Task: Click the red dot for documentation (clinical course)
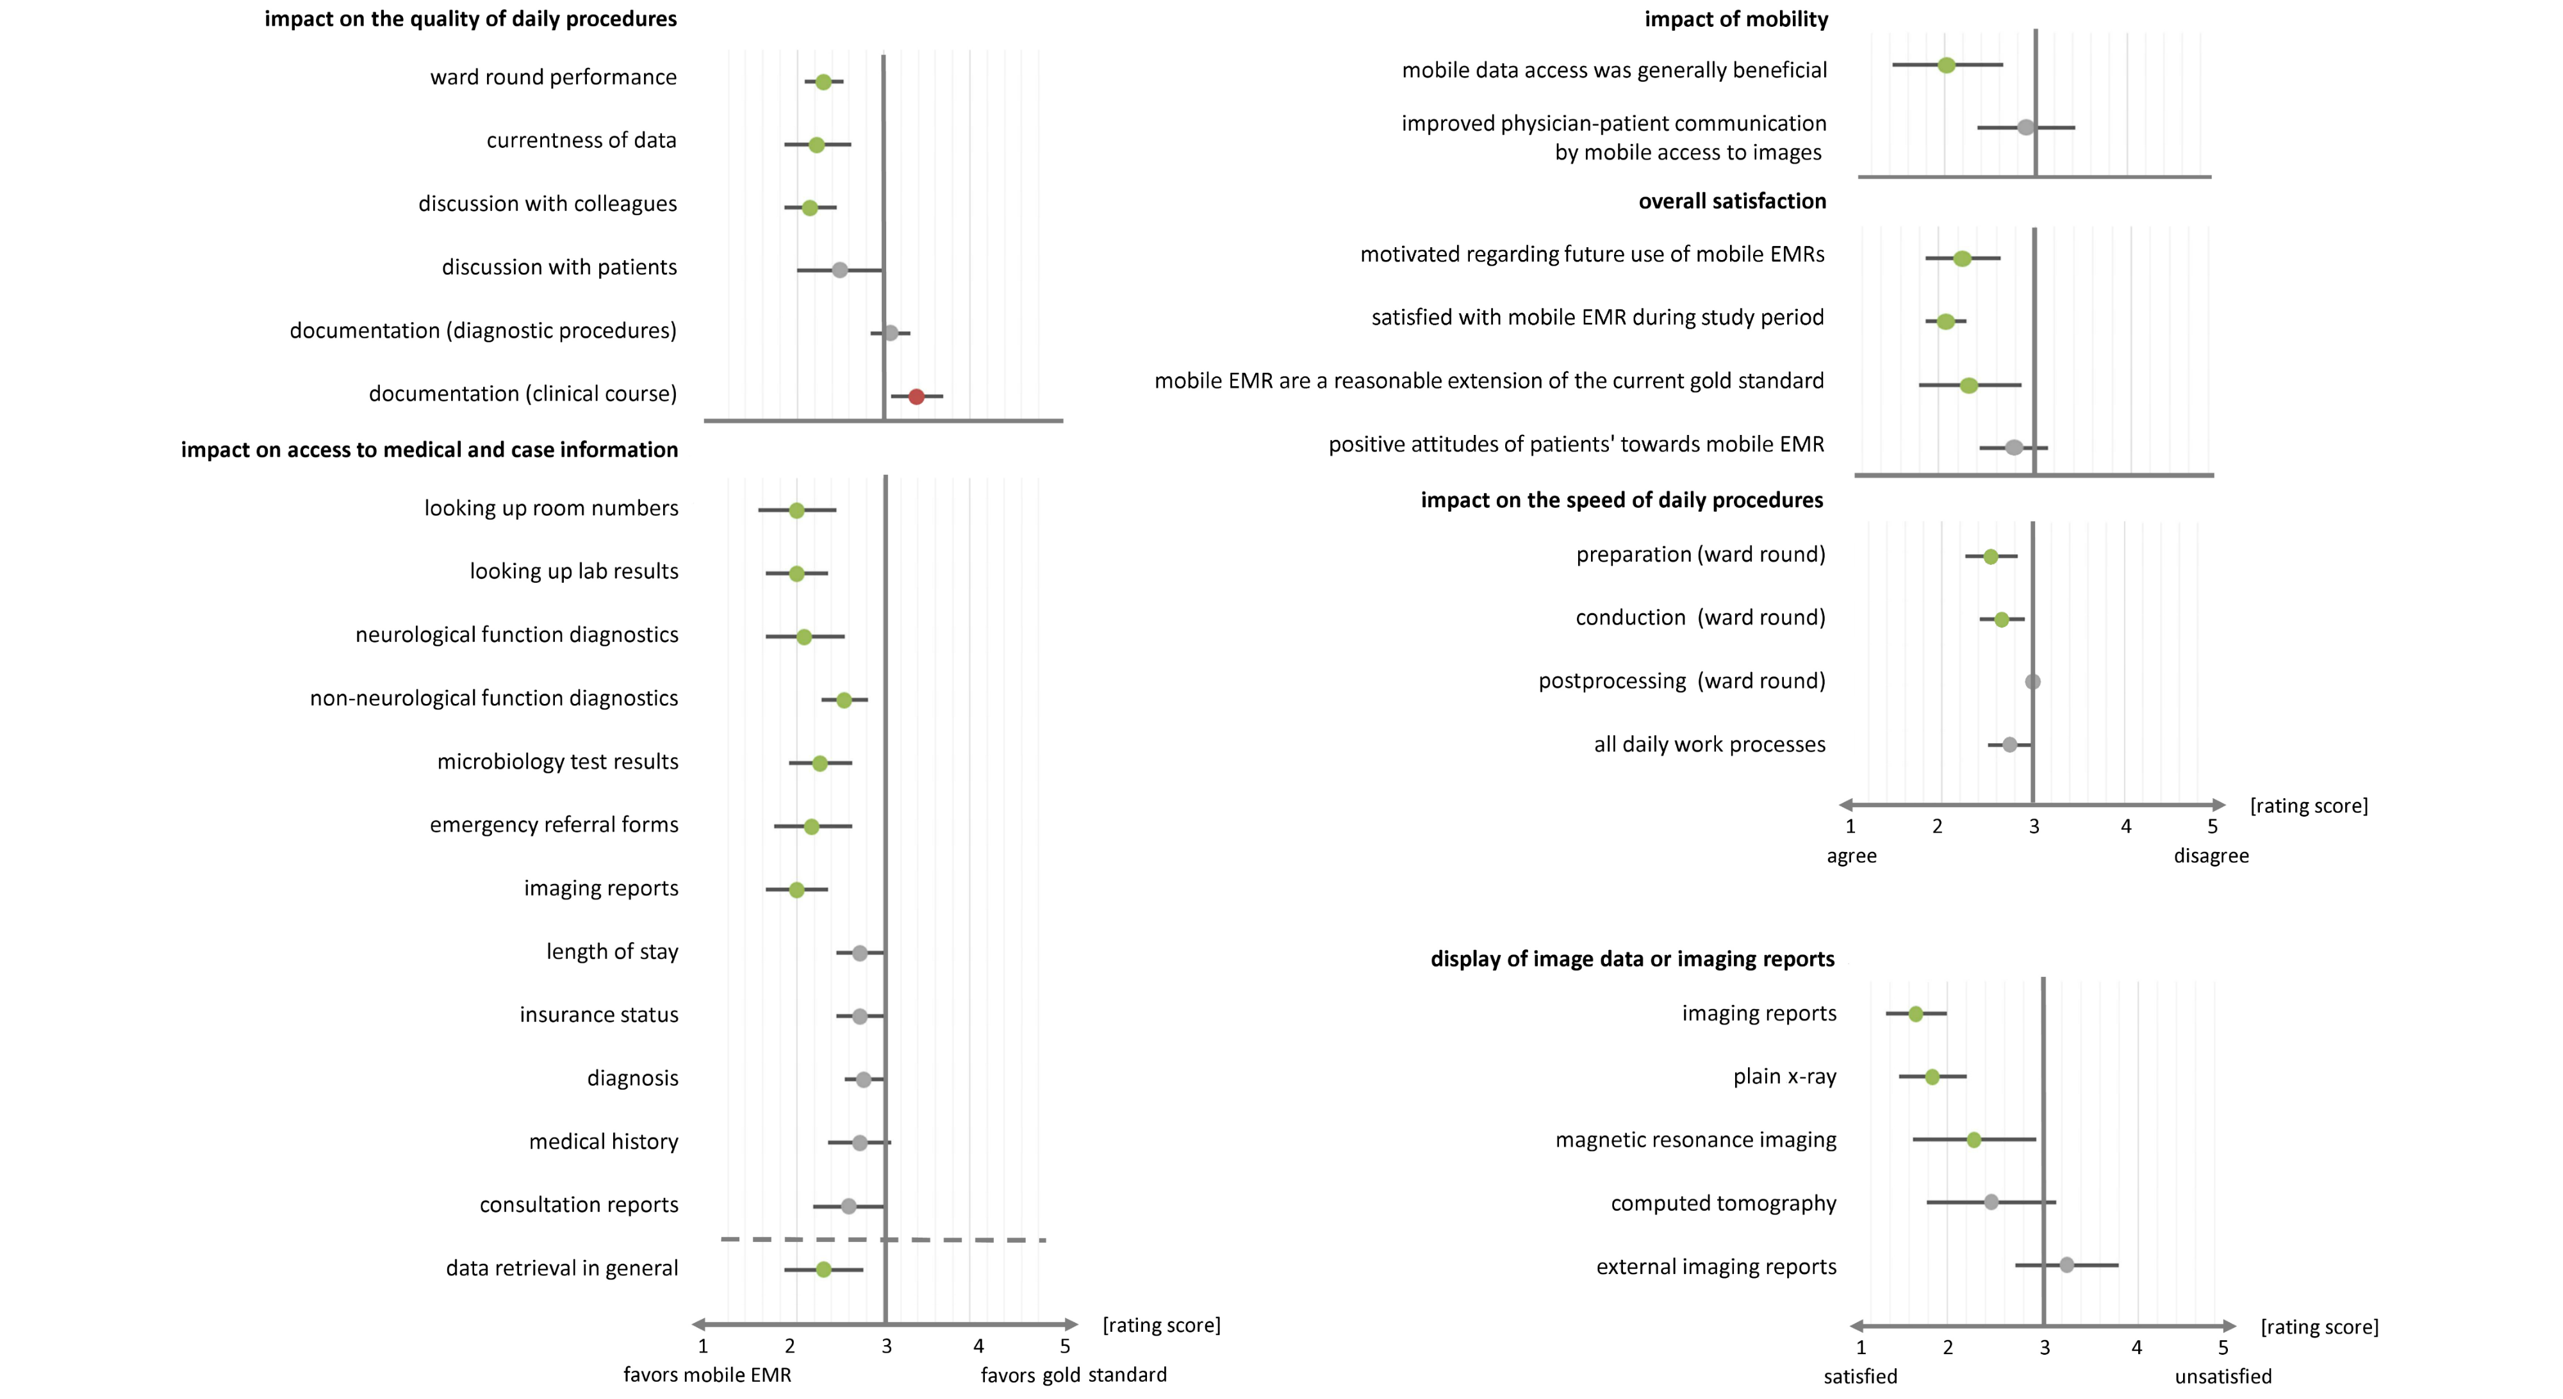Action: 916,396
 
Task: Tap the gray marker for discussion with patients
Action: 840,270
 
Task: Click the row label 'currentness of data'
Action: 581,140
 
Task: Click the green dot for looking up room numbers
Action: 796,511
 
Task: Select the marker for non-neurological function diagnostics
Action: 844,701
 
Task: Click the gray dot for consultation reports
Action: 849,1206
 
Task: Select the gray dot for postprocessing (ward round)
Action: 2032,682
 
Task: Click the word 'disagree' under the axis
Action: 2211,856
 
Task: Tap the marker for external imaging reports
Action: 2066,1264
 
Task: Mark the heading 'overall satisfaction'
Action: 1732,201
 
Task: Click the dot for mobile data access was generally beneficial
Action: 1946,66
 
